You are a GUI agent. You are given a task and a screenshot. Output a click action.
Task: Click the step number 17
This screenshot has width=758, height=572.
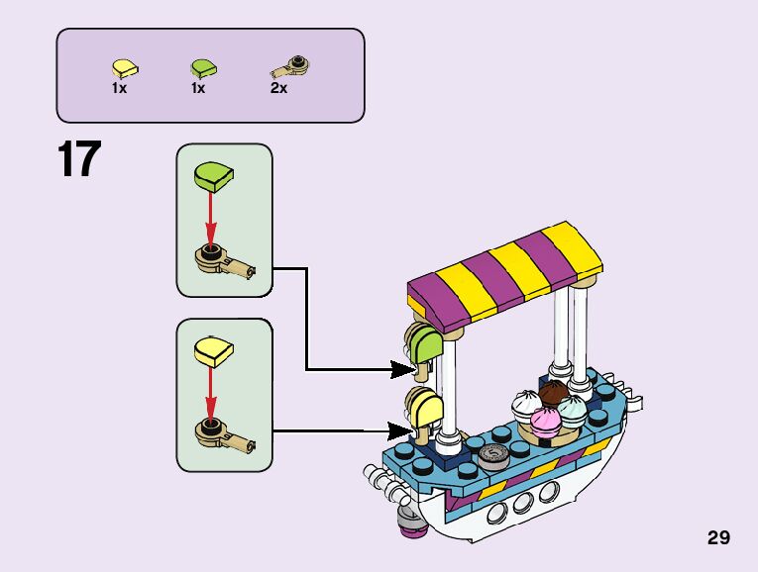79,161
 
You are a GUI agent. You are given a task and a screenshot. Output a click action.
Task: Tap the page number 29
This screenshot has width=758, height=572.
718,537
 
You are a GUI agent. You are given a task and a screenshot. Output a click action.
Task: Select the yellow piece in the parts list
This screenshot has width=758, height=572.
125,68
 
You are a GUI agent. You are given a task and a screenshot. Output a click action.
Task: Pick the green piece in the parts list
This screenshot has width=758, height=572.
203,68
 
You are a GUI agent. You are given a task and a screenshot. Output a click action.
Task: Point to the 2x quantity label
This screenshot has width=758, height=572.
278,89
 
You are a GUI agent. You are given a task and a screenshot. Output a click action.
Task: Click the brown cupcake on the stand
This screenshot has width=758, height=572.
553,393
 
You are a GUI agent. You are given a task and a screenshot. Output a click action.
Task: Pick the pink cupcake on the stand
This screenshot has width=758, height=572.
545,420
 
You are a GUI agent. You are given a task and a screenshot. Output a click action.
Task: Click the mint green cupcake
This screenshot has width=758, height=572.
573,408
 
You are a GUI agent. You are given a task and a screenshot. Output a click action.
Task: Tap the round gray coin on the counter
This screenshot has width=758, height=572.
491,456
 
